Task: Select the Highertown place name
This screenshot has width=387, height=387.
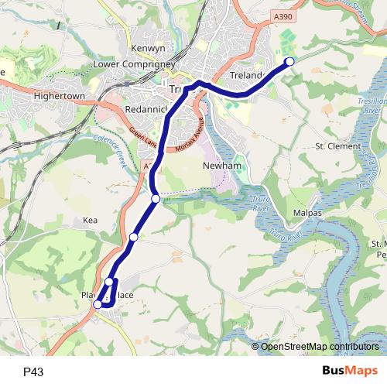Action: [x=60, y=95]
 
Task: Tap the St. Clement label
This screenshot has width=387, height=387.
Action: [x=338, y=146]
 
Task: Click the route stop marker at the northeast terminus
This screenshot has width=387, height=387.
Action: [x=290, y=61]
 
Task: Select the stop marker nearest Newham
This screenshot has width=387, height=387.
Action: [x=156, y=199]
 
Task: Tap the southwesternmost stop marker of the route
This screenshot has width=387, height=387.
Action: [x=98, y=305]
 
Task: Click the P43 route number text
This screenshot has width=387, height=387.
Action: [x=33, y=372]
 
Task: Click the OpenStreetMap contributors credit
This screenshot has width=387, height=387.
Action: [x=320, y=346]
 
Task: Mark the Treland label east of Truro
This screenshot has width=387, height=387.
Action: [x=247, y=76]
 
